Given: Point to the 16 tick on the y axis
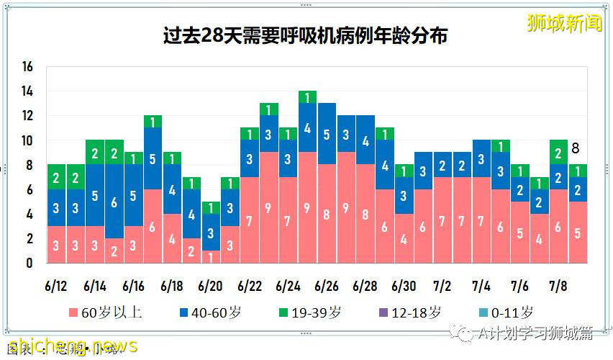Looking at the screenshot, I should coord(28,67).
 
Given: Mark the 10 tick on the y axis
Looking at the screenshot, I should coord(28,140).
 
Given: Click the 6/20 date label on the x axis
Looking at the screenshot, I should coord(210,286).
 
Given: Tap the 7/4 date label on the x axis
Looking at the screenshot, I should coord(481,286).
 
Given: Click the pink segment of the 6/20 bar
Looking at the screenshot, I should coord(210,256).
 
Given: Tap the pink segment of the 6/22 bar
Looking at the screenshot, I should coord(249,220).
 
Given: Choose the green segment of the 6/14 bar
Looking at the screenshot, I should coord(94,152).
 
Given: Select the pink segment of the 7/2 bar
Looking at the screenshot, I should coord(442,220).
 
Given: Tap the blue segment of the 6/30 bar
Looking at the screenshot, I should coord(404,195).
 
